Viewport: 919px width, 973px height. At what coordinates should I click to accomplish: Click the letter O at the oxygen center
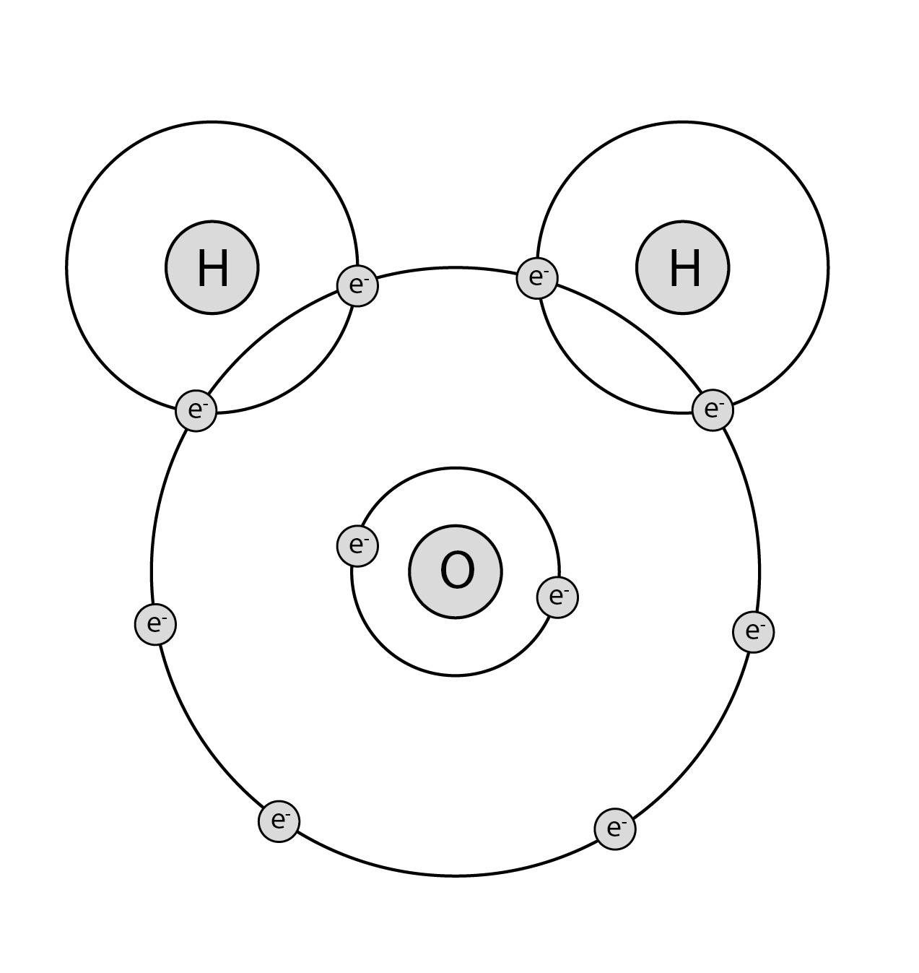coord(458,570)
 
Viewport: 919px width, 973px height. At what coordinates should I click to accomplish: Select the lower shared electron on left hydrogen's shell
coord(196,410)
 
